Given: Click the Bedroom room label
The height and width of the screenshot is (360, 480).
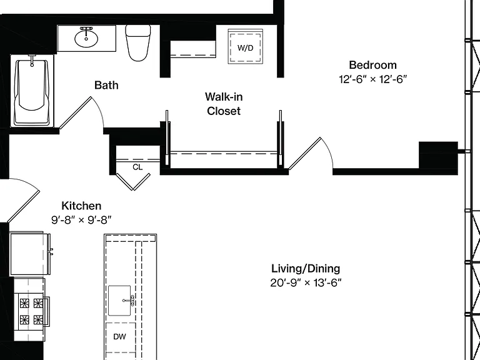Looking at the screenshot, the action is [372, 65].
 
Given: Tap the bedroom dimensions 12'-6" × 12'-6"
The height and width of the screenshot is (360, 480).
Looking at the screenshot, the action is [372, 79].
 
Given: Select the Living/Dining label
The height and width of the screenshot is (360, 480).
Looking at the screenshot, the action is [306, 269].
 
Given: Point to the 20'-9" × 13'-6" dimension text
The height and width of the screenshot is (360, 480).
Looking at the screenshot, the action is [306, 282].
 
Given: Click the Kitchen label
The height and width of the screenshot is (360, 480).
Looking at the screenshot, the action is [81, 206].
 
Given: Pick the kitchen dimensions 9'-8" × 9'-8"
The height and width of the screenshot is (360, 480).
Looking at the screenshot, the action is [81, 220].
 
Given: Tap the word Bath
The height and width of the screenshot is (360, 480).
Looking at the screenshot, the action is [106, 85].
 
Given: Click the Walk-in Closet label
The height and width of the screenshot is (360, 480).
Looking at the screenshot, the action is [224, 104].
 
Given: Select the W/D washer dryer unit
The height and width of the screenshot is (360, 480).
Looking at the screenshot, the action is [245, 46].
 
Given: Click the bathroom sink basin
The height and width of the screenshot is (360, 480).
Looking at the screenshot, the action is [86, 39].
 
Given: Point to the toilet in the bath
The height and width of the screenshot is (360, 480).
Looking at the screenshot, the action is [138, 42].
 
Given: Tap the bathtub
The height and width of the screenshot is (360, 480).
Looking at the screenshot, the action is [32, 90].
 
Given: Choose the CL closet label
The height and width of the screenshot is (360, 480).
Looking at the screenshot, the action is [137, 167].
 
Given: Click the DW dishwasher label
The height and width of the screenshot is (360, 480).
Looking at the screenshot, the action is [119, 337].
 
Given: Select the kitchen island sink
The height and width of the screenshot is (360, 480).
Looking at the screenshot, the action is [120, 301].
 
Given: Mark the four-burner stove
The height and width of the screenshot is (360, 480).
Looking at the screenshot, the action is [31, 312].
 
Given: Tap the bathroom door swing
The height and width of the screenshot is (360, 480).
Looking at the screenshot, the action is [81, 112].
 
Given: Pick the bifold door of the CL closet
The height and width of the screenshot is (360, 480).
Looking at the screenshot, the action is [133, 182].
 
